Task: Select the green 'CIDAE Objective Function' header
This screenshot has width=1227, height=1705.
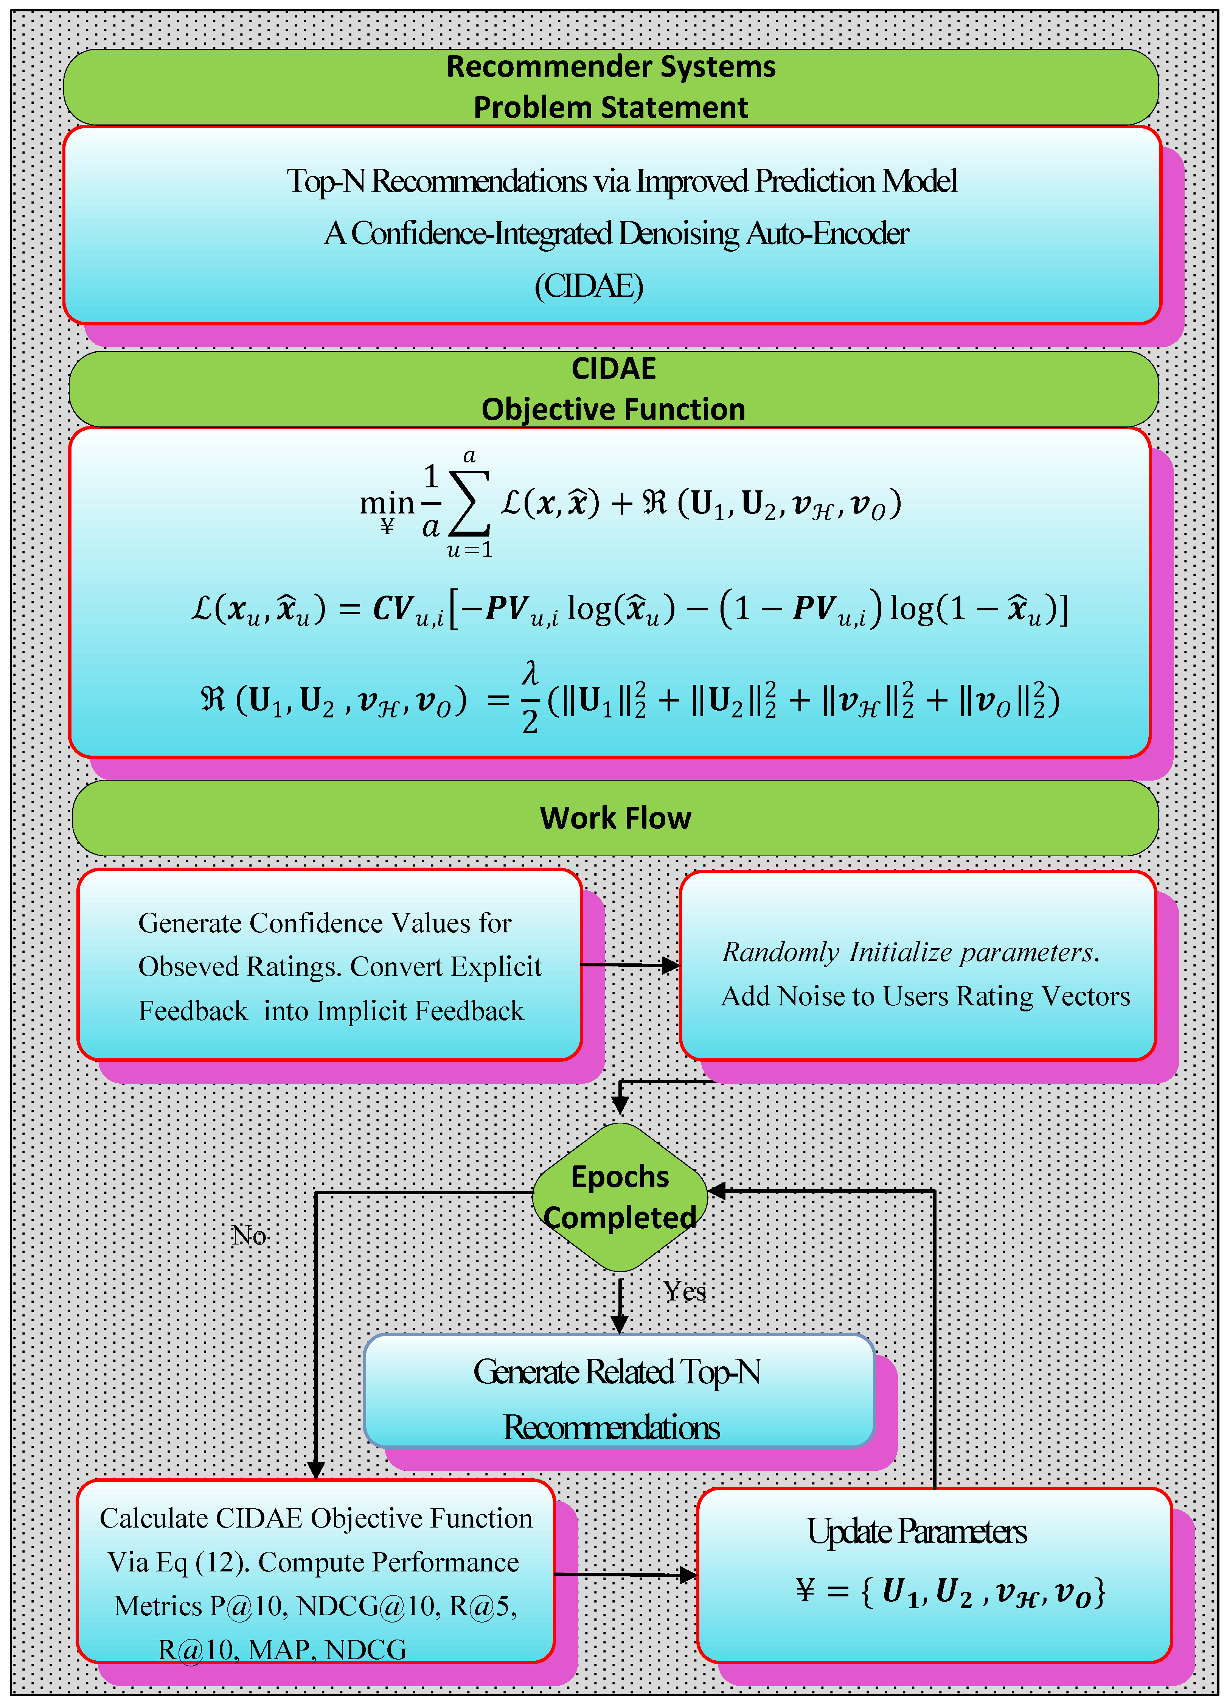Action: click(613, 389)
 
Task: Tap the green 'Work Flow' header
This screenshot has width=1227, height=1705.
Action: click(615, 818)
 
